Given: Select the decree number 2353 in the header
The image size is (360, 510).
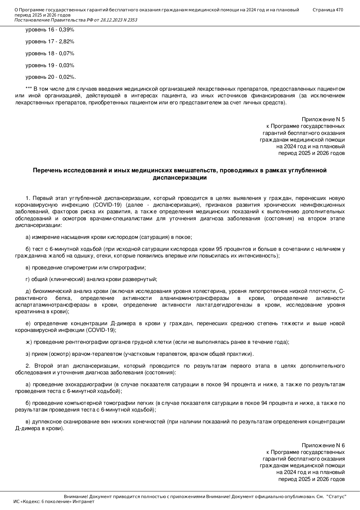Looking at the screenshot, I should pyautogui.click(x=132, y=20).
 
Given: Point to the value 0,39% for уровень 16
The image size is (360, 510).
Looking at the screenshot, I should pyautogui.click(x=66, y=30).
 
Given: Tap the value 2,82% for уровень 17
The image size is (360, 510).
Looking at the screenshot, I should pyautogui.click(x=66, y=42).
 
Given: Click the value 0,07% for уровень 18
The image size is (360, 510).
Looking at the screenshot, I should pyautogui.click(x=66, y=53).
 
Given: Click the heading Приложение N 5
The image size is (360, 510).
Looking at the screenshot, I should pyautogui.click(x=323, y=119).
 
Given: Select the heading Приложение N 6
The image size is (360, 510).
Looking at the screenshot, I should pyautogui.click(x=323, y=445).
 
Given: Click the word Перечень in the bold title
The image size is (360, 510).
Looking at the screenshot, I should pyautogui.click(x=47, y=170).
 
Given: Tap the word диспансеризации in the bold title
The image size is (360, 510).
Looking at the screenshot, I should pyautogui.click(x=180, y=178).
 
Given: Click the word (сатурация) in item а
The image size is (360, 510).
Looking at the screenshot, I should pyautogui.click(x=154, y=237).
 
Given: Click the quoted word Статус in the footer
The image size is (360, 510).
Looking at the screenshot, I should pyautogui.click(x=336, y=497).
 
